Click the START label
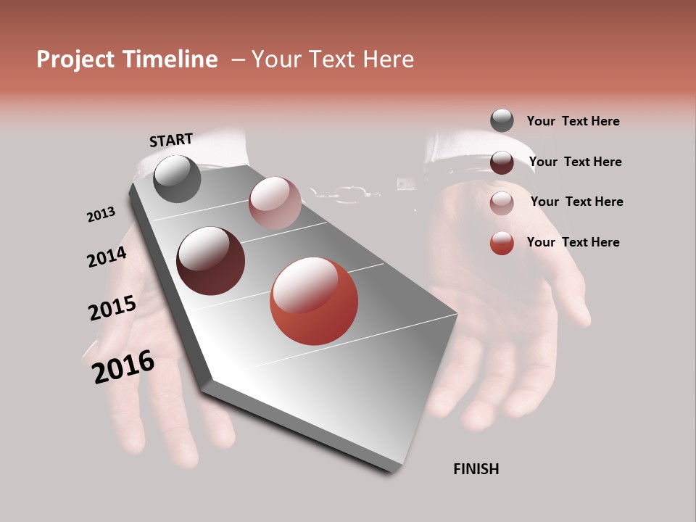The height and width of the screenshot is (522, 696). point(171,140)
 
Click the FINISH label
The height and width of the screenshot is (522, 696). point(476,469)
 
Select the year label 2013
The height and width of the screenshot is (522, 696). point(101,215)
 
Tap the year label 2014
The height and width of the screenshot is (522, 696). point(107,257)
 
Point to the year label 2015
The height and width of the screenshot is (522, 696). point(112,308)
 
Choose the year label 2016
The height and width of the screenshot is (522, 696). point(123,367)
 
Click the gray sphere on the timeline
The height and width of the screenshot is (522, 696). point(178,179)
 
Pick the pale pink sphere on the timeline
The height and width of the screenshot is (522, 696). point(275,203)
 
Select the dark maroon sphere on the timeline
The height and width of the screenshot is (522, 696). point(211,261)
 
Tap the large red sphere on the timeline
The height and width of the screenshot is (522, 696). point(314,302)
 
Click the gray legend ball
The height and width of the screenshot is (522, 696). point(502,120)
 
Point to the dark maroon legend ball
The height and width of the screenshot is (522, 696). point(502,162)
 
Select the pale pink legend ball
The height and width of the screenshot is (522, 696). point(502,202)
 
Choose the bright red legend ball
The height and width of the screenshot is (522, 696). point(502,243)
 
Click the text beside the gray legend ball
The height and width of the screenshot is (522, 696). point(573,121)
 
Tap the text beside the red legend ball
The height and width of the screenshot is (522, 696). point(573,242)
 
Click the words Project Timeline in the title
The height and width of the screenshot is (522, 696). point(127,59)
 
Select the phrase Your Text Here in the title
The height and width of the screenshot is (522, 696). point(333,59)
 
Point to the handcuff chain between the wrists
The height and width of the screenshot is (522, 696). point(344,193)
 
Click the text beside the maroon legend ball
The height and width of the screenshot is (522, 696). point(575,162)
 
